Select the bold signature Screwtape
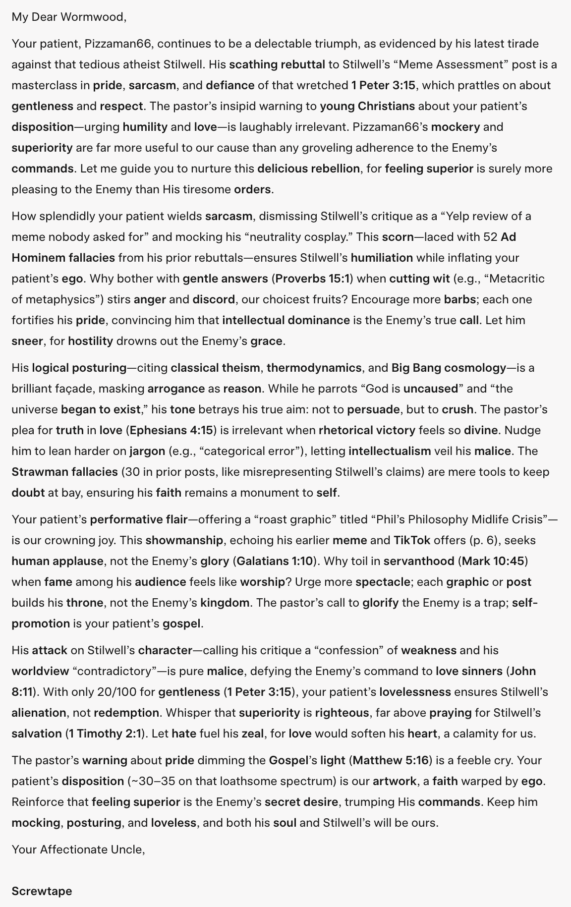[42, 891]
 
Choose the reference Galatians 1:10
[275, 561]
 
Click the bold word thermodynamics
[314, 368]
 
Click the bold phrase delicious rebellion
[308, 169]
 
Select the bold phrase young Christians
[367, 106]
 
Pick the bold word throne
[85, 603]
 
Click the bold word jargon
[147, 451]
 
